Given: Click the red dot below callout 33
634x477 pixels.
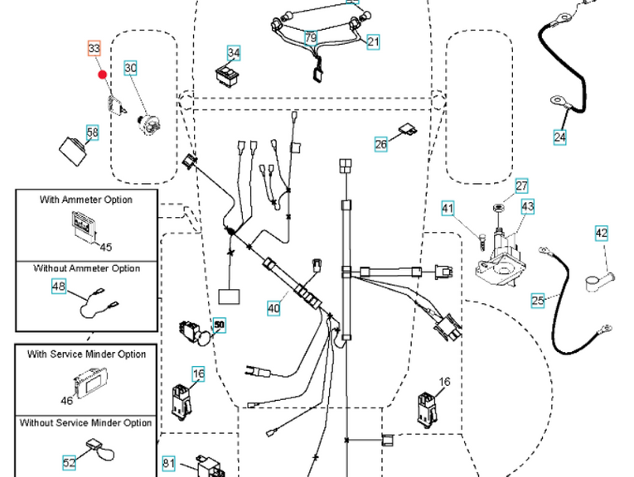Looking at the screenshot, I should (x=103, y=74).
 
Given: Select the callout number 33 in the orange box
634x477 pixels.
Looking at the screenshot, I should (x=94, y=50).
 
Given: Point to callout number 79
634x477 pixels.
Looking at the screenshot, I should (x=310, y=38).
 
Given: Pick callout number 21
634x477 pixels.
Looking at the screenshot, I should (x=373, y=41).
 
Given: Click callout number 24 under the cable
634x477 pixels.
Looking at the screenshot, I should (x=560, y=137).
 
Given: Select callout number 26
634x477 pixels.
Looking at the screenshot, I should (x=381, y=145).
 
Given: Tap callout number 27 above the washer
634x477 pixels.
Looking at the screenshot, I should (x=521, y=186).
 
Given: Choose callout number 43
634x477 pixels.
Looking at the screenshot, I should (x=527, y=206).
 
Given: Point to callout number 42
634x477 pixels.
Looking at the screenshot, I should (x=602, y=234).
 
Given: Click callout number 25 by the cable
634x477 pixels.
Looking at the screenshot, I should (x=538, y=300).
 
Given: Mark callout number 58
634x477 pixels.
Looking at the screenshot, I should (x=91, y=132).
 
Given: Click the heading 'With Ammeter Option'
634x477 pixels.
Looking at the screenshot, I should (x=86, y=200).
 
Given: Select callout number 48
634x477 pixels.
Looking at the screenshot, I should (x=59, y=287).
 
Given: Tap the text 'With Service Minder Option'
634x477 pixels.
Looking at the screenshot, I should (x=86, y=354).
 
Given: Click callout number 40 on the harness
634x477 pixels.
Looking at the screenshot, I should (x=273, y=309).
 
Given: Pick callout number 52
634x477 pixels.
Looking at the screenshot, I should (x=70, y=463).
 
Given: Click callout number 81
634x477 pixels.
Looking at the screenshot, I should (x=169, y=463).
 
